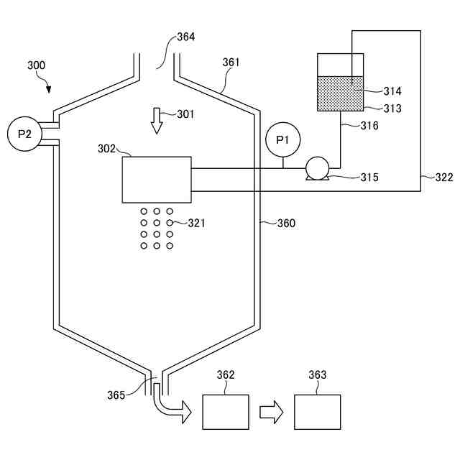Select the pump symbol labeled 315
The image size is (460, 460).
coord(316,169)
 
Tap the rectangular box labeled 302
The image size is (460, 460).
coord(157,180)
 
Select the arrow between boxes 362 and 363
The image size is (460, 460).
coord(271,413)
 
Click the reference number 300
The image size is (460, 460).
coord(36,65)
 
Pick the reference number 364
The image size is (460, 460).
coord(185,37)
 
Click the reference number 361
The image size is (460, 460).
coord(231,63)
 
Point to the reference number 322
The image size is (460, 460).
coord(444,177)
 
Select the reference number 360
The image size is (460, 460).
coord(286,224)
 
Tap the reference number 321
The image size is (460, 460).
coord(196,224)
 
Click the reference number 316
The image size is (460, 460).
coord(369,126)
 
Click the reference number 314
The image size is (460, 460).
coord(392,91)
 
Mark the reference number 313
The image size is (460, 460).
coord(392,109)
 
